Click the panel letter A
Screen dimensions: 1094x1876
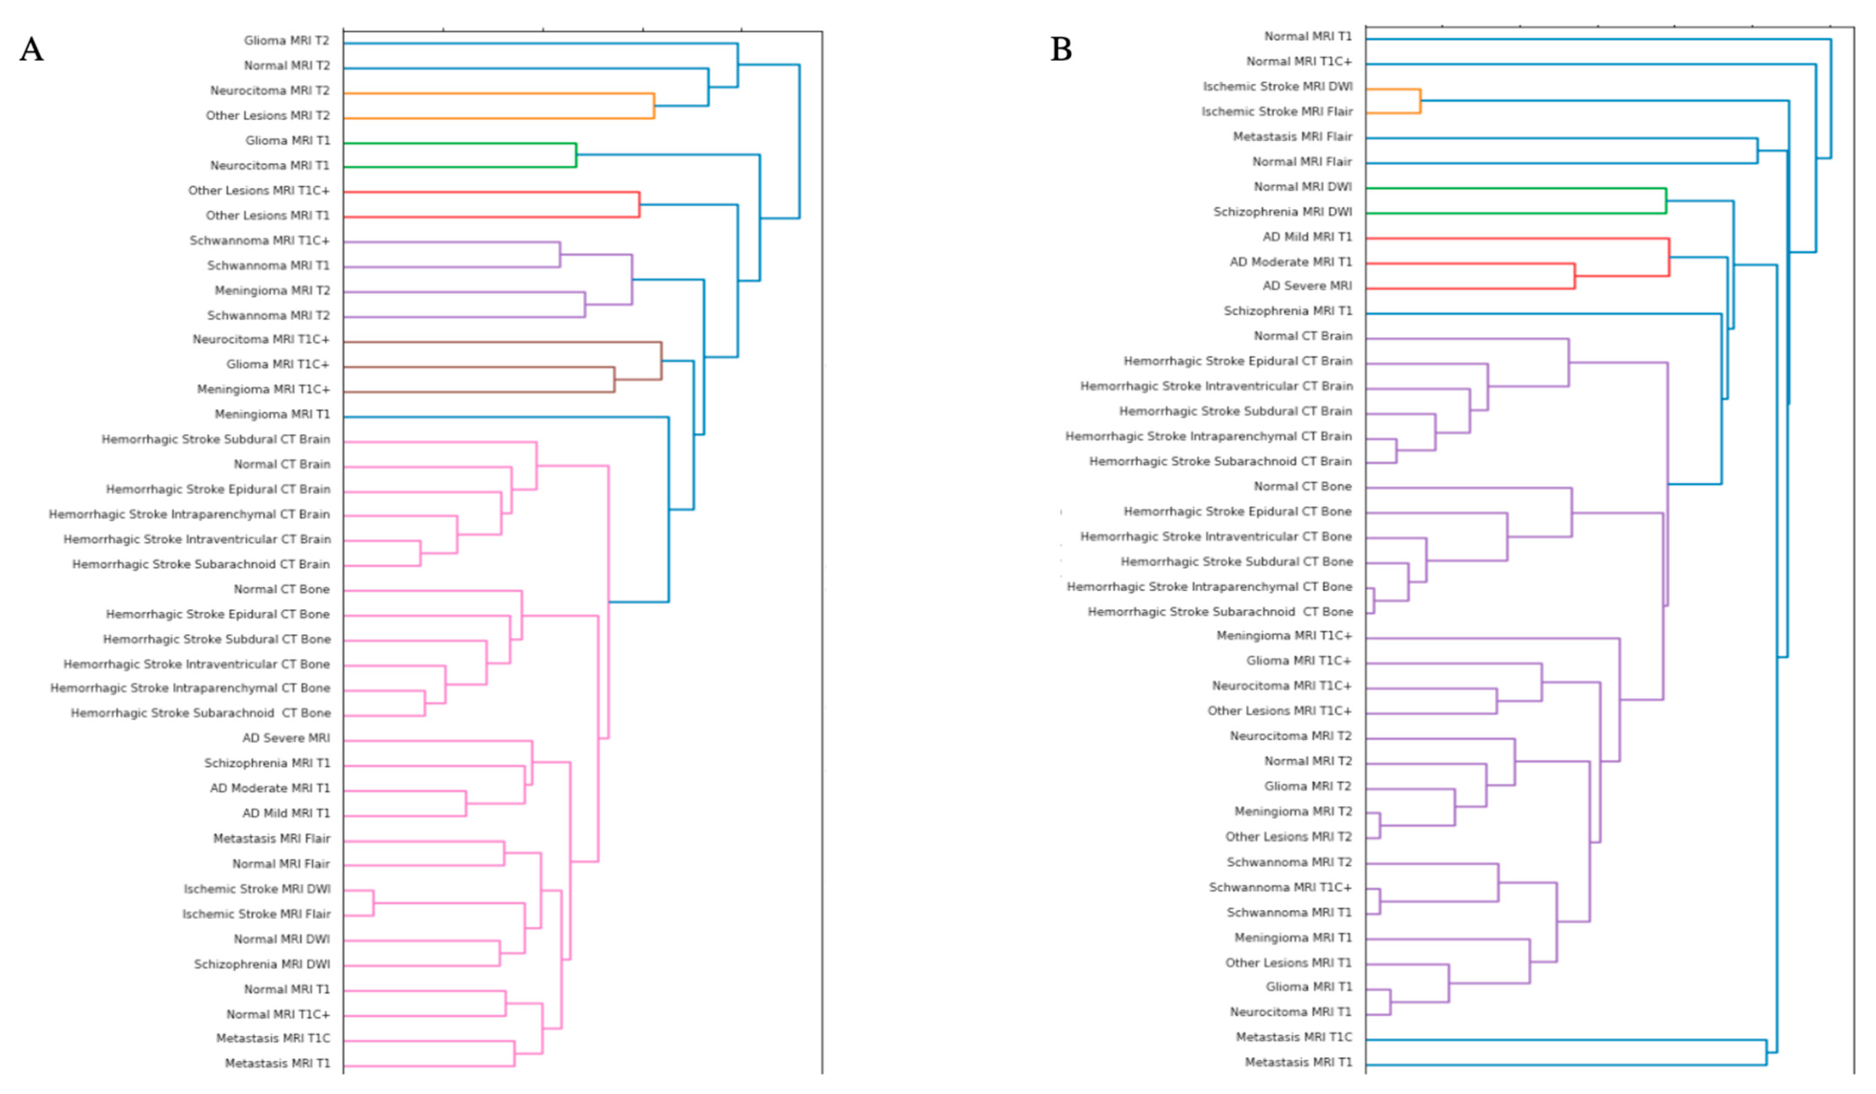tap(31, 50)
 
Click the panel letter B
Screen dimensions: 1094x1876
tap(1061, 50)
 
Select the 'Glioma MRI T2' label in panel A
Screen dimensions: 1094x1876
tap(286, 41)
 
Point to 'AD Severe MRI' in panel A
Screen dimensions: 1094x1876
tap(286, 738)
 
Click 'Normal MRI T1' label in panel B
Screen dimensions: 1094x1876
tap(1307, 36)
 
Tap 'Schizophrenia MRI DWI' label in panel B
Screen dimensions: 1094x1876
tap(1283, 212)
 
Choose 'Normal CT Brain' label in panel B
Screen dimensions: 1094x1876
tap(1303, 336)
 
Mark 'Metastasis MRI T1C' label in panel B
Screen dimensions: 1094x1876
tap(1294, 1037)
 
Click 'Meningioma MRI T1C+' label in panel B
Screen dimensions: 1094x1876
tap(1284, 636)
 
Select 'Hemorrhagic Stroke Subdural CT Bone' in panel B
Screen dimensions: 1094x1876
tap(1236, 562)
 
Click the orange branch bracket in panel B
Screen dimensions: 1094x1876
tap(1420, 101)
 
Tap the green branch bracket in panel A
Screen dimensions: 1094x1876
tap(575, 155)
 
